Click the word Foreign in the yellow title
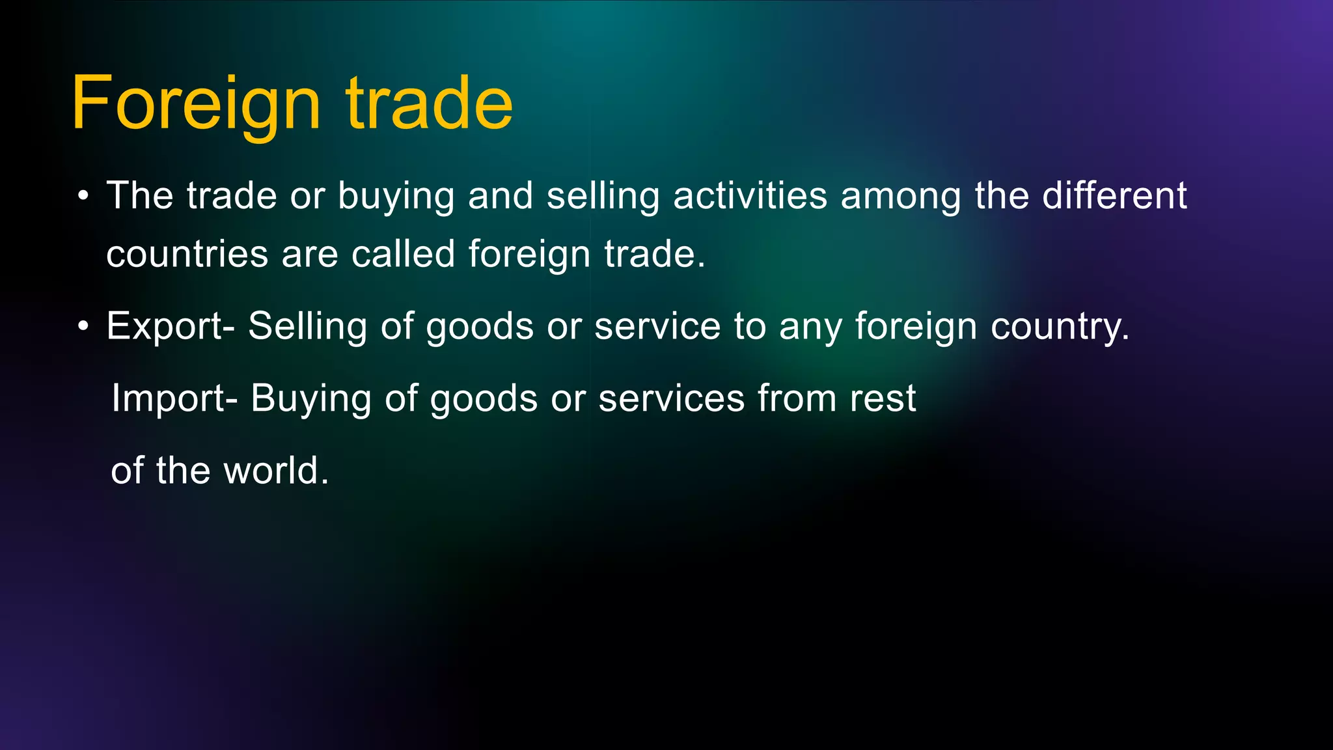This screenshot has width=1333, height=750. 196,104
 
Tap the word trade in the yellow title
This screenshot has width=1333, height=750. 429,104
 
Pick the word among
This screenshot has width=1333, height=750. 901,197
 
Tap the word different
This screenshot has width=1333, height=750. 1114,196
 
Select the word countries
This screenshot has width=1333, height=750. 187,254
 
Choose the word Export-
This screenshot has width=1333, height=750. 171,326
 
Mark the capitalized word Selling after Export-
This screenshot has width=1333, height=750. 307,326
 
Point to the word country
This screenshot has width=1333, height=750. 1060,327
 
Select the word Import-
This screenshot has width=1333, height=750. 174,398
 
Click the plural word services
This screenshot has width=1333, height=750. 671,398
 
